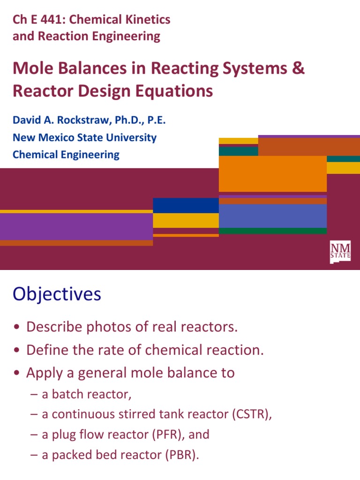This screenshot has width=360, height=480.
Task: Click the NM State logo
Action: (340, 252)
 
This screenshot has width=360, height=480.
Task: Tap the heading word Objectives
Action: (57, 294)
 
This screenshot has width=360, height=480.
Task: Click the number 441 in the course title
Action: (53, 20)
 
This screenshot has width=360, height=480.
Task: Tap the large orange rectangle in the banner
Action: (272, 173)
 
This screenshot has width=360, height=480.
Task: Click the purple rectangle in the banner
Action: (76, 226)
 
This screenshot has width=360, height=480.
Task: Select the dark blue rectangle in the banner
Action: (186, 205)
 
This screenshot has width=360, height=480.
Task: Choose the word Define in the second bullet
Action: (46, 350)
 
